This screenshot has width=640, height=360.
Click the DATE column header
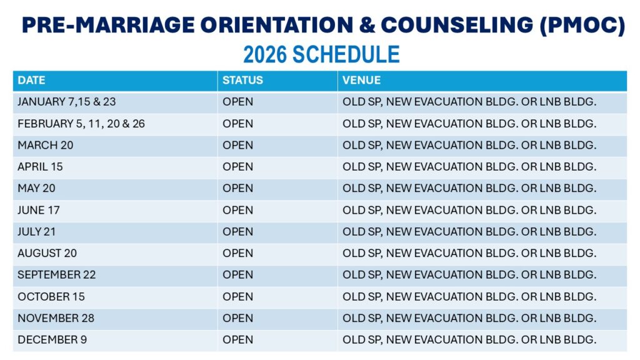pyautogui.click(x=31, y=81)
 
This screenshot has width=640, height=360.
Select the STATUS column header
pyautogui.click(x=242, y=81)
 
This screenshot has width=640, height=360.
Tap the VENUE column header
pyautogui.click(x=361, y=81)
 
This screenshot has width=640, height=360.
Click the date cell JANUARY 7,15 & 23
pyautogui.click(x=66, y=102)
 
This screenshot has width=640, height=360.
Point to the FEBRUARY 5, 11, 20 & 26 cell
pyautogui.click(x=81, y=124)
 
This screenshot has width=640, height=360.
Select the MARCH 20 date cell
pyautogui.click(x=45, y=145)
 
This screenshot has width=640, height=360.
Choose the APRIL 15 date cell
pyautogui.click(x=40, y=167)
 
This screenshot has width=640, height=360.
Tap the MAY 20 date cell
pyautogui.click(x=36, y=188)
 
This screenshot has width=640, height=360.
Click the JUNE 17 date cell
pyautogui.click(x=38, y=210)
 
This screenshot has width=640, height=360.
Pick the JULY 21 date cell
pyautogui.click(x=36, y=232)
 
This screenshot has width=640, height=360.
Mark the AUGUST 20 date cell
pyautogui.click(x=47, y=254)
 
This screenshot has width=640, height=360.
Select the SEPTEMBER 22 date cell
pyautogui.click(x=56, y=275)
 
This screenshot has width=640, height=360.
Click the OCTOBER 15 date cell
pyautogui.click(x=51, y=297)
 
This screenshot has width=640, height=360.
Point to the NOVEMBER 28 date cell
pyautogui.click(x=56, y=318)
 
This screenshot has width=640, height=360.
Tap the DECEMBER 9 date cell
pyautogui.click(x=52, y=339)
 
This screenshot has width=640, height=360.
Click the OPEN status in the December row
pyautogui.click(x=237, y=339)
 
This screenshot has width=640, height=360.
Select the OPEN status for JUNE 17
pyautogui.click(x=237, y=210)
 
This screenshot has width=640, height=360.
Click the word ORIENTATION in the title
pyautogui.click(x=277, y=25)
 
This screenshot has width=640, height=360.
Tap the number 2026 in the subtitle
pyautogui.click(x=265, y=55)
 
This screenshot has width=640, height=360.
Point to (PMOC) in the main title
pyautogui.click(x=582, y=25)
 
